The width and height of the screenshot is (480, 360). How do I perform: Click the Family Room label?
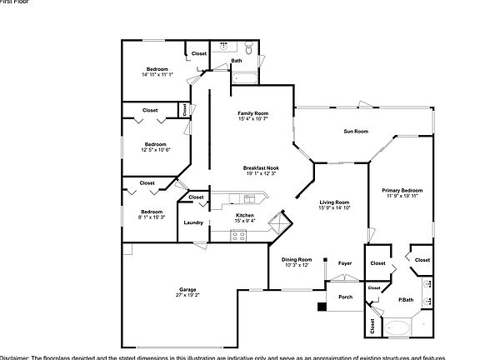pyautogui.click(x=252, y=112)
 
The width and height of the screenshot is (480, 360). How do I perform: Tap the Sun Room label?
pyautogui.click(x=356, y=132)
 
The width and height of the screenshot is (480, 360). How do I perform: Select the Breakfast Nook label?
pyautogui.click(x=260, y=167)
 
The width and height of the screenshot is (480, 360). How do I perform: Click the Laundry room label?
pyautogui.click(x=193, y=222)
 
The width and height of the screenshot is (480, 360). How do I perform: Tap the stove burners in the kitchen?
pyautogui.click(x=238, y=234)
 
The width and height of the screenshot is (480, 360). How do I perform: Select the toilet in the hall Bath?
pyautogui.click(x=223, y=47)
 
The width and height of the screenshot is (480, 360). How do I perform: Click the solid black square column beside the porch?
pyautogui.click(x=321, y=306)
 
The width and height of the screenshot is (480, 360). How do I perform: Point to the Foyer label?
pyautogui.click(x=344, y=263)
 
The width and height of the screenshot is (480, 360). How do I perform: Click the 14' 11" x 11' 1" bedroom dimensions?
pyautogui.click(x=157, y=74)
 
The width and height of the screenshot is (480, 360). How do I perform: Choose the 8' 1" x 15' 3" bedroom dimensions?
pyautogui.click(x=152, y=217)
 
